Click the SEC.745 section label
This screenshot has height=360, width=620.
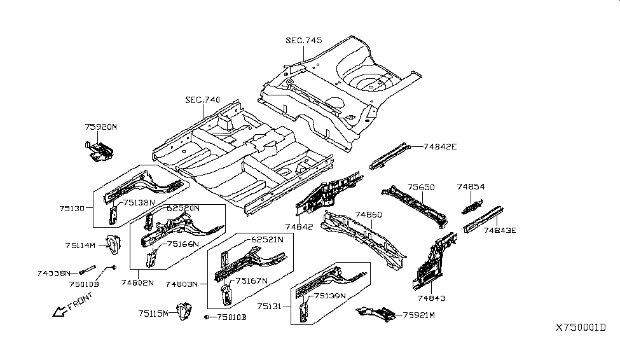(x=303, y=41)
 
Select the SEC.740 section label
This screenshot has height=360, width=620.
(x=202, y=100)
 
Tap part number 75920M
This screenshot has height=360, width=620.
(x=101, y=127)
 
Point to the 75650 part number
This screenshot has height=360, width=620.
(x=421, y=188)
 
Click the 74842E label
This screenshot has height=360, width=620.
(x=440, y=146)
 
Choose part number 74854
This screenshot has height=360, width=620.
(x=471, y=187)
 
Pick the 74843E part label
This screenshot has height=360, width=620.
(x=501, y=231)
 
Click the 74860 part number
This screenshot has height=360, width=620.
(x=368, y=215)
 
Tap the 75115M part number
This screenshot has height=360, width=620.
(x=153, y=313)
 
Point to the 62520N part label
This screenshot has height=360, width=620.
(x=183, y=208)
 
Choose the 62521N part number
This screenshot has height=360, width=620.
(x=268, y=239)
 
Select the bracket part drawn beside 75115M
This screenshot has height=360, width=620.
(x=184, y=312)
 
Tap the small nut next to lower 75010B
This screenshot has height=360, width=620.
(x=207, y=317)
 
